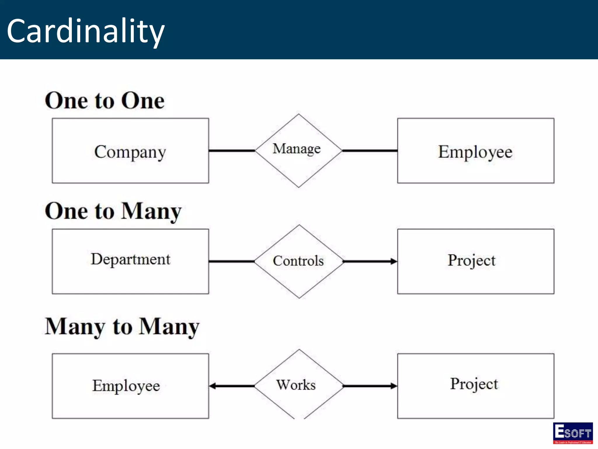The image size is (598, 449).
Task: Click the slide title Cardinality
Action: click(x=86, y=31)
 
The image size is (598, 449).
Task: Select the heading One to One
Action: click(x=105, y=101)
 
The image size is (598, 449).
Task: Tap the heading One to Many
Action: click(x=113, y=211)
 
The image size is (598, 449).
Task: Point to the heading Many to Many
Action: click(x=122, y=327)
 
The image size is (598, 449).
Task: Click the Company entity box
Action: click(x=130, y=151)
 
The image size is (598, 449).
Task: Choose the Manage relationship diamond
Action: click(x=298, y=151)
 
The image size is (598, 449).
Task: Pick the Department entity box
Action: click(x=130, y=261)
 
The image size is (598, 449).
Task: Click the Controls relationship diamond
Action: click(x=299, y=261)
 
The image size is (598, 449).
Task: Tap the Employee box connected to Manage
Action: click(x=475, y=151)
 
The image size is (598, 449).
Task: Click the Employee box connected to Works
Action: click(x=130, y=386)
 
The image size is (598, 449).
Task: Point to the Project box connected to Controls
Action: click(x=475, y=261)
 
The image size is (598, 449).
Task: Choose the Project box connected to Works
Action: click(x=475, y=386)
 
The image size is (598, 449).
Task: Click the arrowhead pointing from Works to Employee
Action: click(x=212, y=386)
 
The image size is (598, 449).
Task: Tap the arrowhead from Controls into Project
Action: click(x=394, y=261)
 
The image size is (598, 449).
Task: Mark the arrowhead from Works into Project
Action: click(x=394, y=386)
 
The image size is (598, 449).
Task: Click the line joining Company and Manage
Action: click(x=232, y=151)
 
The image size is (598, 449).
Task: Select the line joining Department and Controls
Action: click(x=232, y=261)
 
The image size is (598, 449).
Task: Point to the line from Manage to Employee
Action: click(x=370, y=151)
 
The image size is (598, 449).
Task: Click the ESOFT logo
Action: click(x=573, y=433)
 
